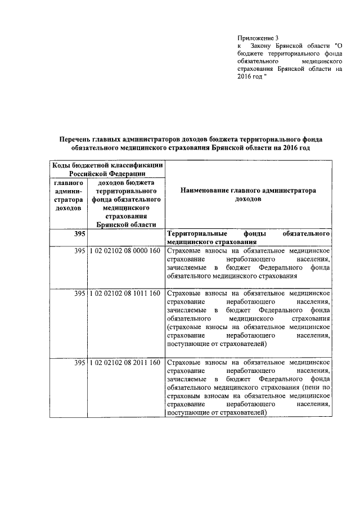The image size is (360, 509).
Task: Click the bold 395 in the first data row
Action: point(79,233)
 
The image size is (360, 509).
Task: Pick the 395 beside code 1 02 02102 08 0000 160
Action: point(79,250)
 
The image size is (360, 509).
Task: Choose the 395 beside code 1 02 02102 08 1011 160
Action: point(79,293)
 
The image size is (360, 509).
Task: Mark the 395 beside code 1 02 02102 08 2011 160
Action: point(79,363)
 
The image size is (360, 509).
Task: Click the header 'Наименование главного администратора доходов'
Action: point(248,195)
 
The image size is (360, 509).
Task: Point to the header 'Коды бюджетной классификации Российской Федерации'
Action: point(107,169)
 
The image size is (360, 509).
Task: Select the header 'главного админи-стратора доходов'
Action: point(69,196)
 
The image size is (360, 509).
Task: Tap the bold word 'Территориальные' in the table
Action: point(195,233)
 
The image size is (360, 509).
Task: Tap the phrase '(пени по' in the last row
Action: point(316,388)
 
